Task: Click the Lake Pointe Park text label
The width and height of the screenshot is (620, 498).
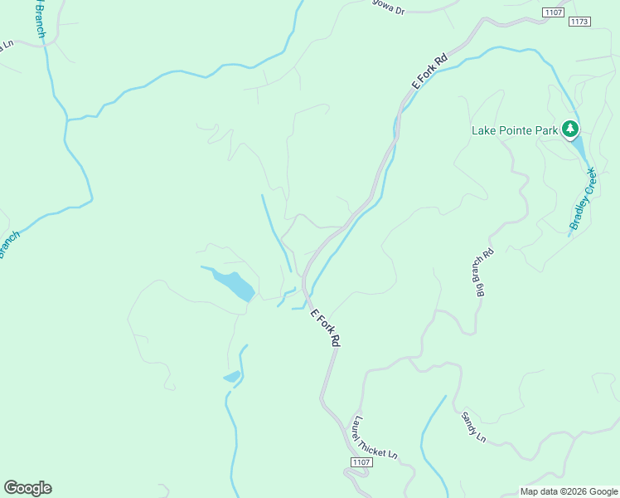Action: point(514,130)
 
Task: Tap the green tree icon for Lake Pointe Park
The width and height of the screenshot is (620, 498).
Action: point(569,129)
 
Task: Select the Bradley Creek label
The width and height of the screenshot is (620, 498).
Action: point(583,199)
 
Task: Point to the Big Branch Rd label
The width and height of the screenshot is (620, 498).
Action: point(483,272)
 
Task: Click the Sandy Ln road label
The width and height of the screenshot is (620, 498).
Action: point(473,426)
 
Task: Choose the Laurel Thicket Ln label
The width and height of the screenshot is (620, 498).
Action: point(375,437)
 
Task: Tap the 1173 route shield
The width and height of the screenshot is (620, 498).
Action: point(580,21)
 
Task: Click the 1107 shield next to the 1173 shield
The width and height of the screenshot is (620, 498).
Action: point(553,12)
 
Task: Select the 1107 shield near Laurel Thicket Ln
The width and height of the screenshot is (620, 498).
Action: point(360,461)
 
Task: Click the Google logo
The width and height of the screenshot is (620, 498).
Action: point(27,488)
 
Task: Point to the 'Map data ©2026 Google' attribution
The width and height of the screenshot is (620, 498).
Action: point(569,491)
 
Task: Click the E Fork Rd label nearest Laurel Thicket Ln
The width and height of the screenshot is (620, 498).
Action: point(325,327)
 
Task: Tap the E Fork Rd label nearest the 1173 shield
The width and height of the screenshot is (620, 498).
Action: point(430,72)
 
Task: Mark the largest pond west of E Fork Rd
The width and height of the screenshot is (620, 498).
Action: point(232,284)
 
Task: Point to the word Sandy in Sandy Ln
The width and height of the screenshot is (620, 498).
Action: point(469,421)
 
